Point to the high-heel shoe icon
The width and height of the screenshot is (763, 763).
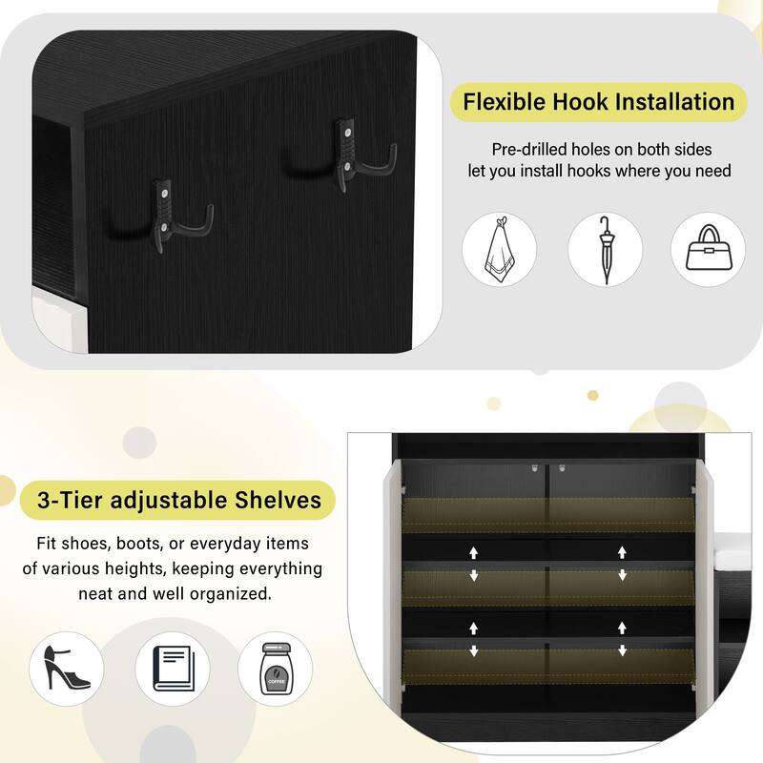point(67,668)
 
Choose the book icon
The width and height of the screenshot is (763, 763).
point(173,668)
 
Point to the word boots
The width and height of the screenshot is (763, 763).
point(140,544)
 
